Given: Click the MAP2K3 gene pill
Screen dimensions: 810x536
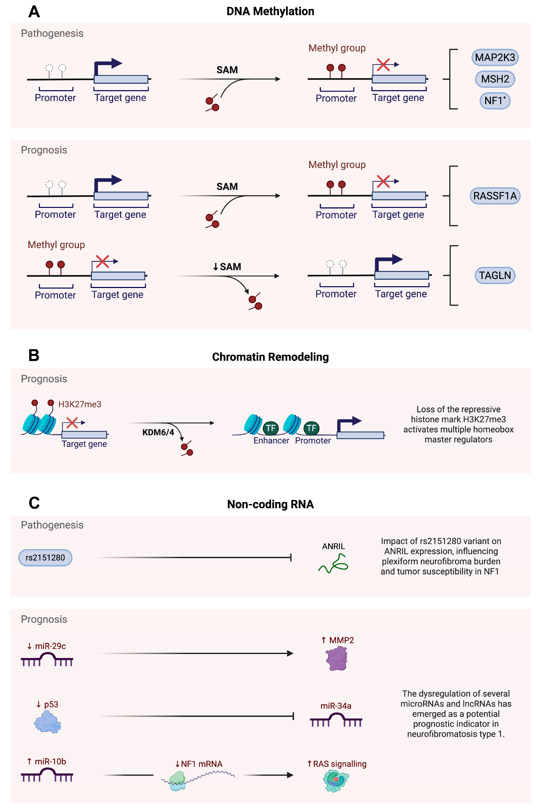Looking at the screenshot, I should [x=495, y=57].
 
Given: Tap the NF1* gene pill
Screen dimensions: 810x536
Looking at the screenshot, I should [x=495, y=101].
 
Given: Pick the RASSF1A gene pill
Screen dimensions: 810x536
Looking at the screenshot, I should [x=495, y=196].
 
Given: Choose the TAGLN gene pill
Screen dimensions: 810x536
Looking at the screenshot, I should [x=495, y=275].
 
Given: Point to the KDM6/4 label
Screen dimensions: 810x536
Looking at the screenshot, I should [x=158, y=432].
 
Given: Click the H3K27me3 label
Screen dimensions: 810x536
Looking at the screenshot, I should [x=80, y=404].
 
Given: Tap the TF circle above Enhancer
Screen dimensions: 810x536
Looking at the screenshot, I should [x=271, y=428].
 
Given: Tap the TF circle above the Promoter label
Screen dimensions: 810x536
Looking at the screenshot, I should [x=311, y=428].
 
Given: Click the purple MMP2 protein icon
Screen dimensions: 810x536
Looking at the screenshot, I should [x=337, y=659].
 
